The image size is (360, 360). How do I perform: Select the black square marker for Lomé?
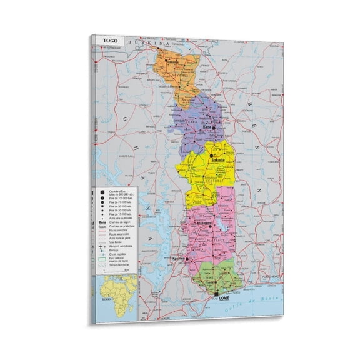click(217, 293)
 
